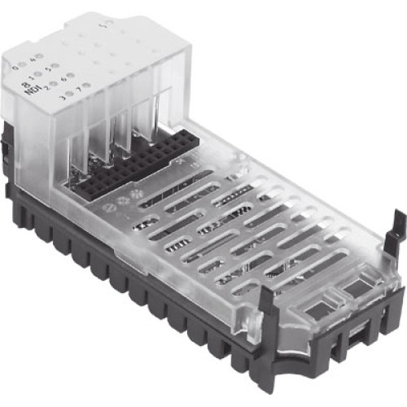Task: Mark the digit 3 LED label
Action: pos(66,98)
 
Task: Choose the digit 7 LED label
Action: pos(82,91)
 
